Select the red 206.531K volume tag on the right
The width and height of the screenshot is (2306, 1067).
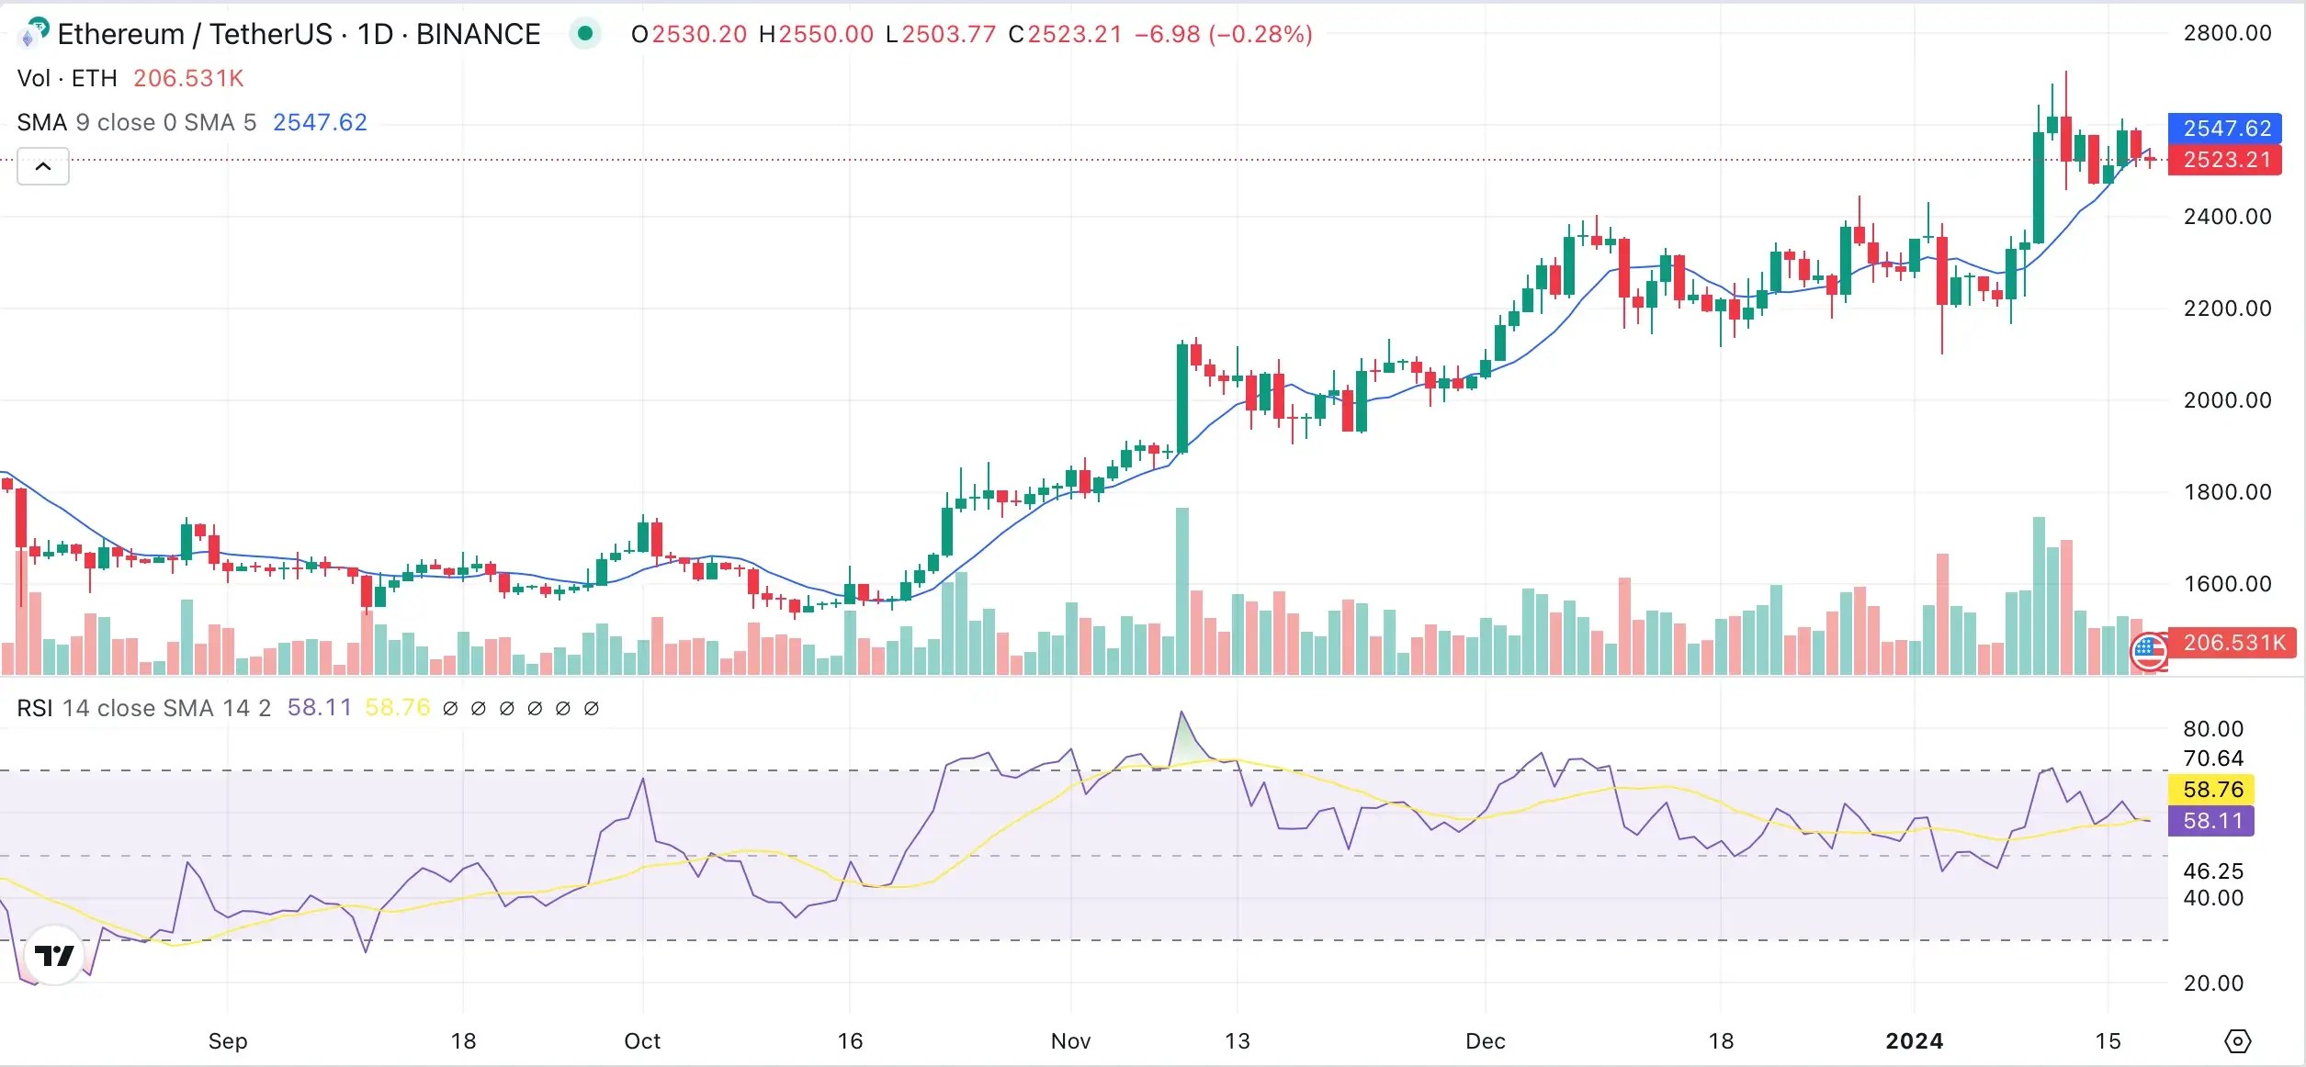point(2233,642)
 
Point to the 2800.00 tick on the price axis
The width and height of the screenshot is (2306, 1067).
point(2226,33)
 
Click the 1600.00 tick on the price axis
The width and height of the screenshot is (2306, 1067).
point(2226,583)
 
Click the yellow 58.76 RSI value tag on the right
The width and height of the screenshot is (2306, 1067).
point(2212,789)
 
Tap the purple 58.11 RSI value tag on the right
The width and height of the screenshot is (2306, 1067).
point(2212,820)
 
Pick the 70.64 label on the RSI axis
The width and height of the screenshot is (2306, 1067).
point(2212,758)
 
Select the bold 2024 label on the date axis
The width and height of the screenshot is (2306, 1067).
point(1914,1040)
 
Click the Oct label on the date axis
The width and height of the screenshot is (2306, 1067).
point(642,1040)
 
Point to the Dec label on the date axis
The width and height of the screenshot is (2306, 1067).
point(1485,1040)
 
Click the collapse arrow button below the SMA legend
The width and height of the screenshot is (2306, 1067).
point(43,166)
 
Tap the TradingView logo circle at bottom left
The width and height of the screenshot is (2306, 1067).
point(54,955)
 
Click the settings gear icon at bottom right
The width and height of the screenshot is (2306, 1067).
point(2237,1040)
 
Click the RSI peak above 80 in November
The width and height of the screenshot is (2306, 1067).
point(1181,713)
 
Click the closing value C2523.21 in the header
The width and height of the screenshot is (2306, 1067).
point(1065,34)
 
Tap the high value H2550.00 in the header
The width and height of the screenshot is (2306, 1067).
point(816,34)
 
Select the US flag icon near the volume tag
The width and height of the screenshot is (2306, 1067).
point(2149,651)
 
